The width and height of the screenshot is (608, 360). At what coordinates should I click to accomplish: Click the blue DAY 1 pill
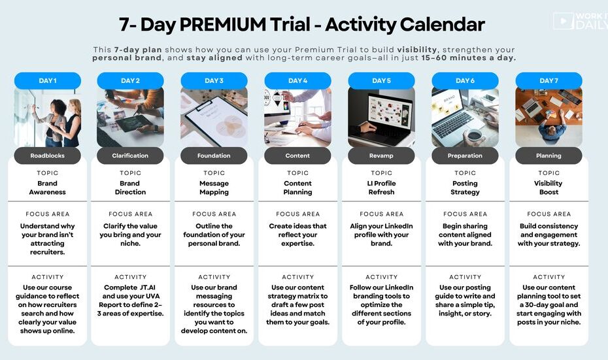tap(48, 80)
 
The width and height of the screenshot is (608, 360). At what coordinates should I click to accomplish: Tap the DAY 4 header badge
tap(298, 80)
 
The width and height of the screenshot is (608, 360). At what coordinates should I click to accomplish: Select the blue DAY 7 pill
tap(549, 80)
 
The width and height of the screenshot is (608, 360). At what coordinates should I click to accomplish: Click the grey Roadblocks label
tap(47, 155)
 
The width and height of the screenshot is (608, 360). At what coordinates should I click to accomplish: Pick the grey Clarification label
tap(130, 155)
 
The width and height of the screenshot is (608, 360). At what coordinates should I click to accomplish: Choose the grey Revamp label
tap(381, 155)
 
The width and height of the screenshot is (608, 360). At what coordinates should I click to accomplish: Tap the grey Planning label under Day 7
tap(549, 155)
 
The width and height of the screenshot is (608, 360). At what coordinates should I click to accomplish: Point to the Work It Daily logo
tap(581, 21)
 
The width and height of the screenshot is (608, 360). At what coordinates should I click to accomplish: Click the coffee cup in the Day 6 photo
tap(474, 135)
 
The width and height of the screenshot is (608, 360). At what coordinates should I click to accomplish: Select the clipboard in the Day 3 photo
tap(217, 120)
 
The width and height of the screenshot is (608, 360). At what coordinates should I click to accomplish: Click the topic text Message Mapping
tap(214, 188)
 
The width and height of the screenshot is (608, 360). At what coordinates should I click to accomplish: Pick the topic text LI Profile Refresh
tap(381, 188)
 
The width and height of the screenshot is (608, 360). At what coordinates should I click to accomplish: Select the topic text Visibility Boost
tap(549, 188)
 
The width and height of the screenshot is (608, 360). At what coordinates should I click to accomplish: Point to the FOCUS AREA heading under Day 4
tap(298, 214)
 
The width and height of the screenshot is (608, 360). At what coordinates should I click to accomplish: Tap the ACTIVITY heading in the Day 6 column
tap(465, 277)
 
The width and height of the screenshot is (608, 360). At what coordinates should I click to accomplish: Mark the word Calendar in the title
tap(443, 24)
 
